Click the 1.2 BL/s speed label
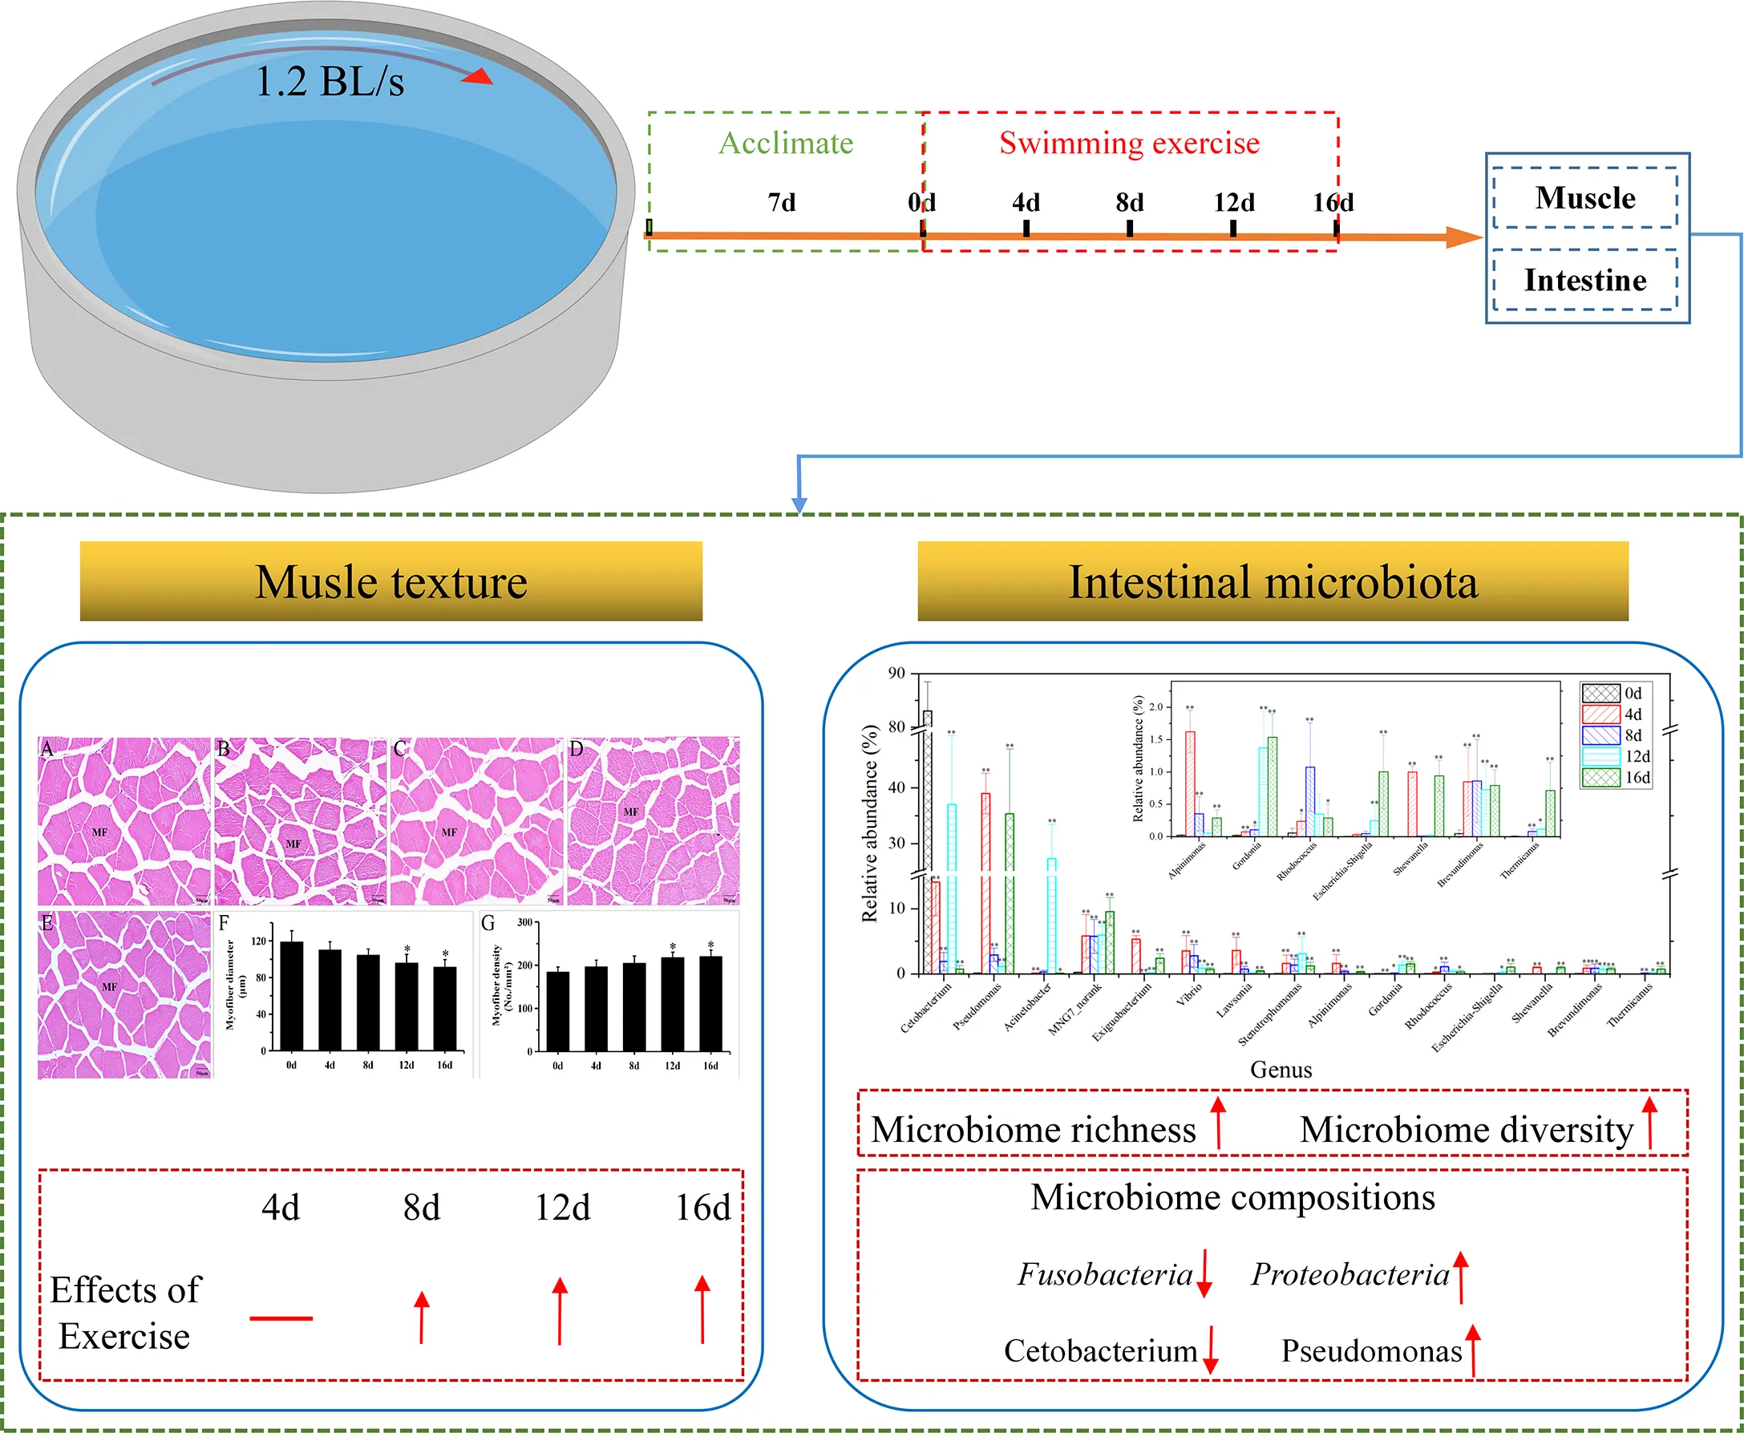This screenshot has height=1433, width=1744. pos(330,82)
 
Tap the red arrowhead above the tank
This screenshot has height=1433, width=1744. pos(478,76)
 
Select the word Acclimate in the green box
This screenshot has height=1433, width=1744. pos(786,143)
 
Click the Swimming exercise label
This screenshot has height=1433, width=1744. pos(1129,143)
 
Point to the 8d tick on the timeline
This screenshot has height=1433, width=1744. pos(1129,228)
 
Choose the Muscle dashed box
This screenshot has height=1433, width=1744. pos(1584,198)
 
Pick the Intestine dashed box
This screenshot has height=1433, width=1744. pos(1584,280)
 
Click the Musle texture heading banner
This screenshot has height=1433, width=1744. pos(390,581)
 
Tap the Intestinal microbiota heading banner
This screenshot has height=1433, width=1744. pos(1272,581)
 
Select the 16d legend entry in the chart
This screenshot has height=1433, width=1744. pos(1615,778)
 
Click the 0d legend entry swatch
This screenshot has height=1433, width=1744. pos(1600,694)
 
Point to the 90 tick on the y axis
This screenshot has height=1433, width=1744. pos(896,674)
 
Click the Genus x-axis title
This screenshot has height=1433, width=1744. pos(1281,1070)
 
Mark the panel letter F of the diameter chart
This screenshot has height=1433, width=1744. pos(224,923)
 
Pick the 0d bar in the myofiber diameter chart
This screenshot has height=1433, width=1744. pos(291,996)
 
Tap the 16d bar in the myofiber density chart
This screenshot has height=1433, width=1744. pos(710,1004)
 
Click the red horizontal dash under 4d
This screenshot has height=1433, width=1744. pos(281,1318)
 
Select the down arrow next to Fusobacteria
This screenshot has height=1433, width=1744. pos(1204,1273)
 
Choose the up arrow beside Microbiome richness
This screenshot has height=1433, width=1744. pos(1218,1123)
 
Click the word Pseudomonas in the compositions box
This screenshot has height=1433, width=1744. pos(1371,1351)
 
